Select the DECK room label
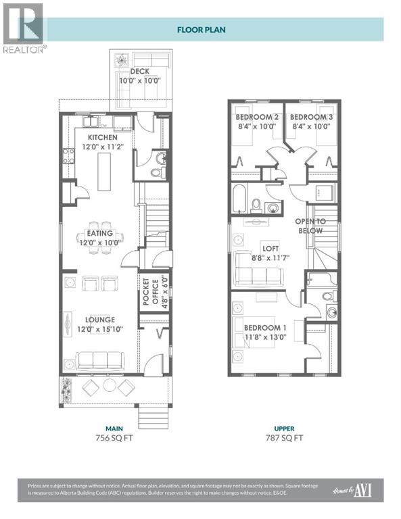tap(139, 71)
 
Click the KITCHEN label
tap(102, 138)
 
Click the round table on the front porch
tap(110, 386)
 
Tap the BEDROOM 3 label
tap(311, 116)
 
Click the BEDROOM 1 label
tap(265, 328)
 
